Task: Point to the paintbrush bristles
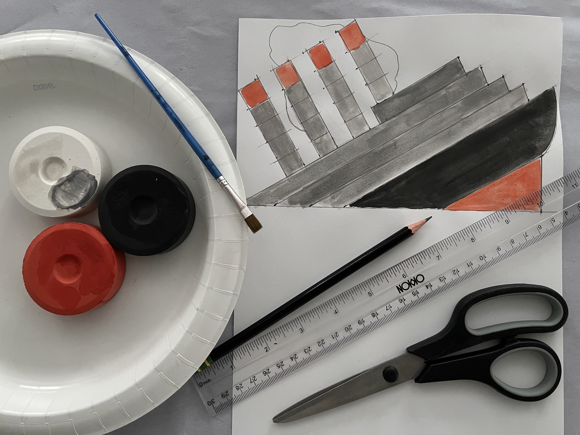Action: (254, 224)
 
